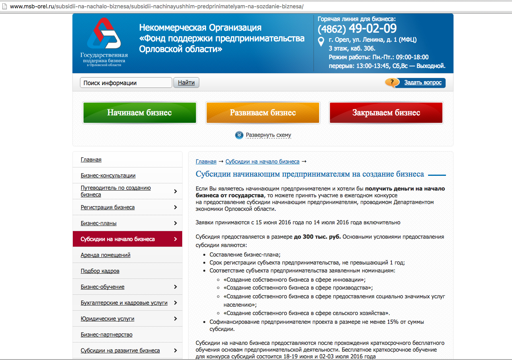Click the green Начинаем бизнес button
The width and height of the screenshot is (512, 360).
139,113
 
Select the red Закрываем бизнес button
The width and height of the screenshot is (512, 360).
386,113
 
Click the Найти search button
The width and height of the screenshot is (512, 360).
186,83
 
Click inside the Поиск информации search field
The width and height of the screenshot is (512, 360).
126,83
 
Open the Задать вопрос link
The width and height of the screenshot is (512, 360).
422,83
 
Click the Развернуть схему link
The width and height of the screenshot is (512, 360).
268,135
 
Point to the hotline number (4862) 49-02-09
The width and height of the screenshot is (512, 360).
357,29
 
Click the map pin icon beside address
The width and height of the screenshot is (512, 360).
321,41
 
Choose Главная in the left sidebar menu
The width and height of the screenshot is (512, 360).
91,160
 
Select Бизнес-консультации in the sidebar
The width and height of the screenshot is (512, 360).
108,175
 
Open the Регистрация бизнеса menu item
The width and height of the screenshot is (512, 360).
107,207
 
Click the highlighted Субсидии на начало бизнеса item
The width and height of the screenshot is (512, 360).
117,239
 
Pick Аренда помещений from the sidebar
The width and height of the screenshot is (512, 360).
105,255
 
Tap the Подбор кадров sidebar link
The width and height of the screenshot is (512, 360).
100,271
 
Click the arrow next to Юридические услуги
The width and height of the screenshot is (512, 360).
175,319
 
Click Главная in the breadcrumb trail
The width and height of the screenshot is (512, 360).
206,162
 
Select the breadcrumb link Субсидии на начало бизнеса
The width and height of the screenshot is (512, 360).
262,162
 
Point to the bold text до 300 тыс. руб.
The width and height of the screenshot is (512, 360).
317,237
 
